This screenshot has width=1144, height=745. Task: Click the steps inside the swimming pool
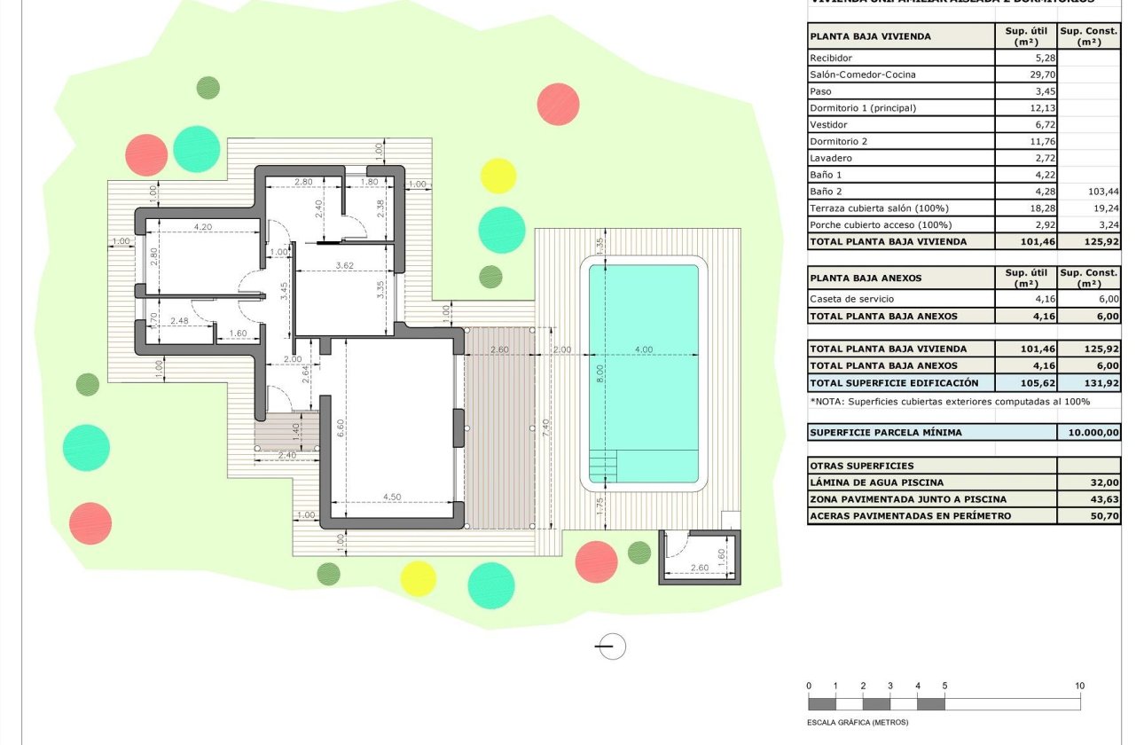[x=602, y=463]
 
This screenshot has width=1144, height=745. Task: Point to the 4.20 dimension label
[x=203, y=227]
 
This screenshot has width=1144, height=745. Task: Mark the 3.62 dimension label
[x=345, y=264]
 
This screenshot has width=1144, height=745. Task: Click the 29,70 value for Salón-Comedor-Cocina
[x=1027, y=74]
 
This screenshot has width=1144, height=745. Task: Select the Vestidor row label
[x=828, y=125]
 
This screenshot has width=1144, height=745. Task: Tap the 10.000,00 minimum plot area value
[x=1090, y=433]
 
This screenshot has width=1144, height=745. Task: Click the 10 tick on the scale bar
[x=1079, y=686]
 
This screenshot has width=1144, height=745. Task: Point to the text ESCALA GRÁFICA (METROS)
[x=858, y=722]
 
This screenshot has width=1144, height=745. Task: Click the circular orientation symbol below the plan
[x=610, y=647]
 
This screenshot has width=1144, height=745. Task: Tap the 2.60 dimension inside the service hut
[x=699, y=568]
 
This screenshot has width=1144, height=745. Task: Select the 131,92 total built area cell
[x=1089, y=383]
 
